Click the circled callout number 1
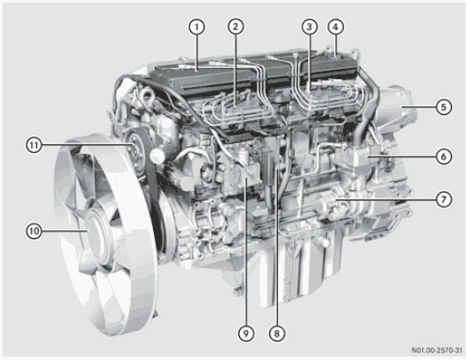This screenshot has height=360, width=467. [x=197, y=27]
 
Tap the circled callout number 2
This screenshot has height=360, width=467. [x=236, y=27]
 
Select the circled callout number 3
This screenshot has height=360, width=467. [x=310, y=27]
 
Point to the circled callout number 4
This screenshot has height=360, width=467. [x=335, y=27]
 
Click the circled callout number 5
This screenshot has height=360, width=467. [x=444, y=107]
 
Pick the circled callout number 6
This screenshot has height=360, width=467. [x=444, y=156]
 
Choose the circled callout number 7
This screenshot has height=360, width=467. [x=444, y=199]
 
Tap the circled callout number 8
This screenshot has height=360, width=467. [x=277, y=333]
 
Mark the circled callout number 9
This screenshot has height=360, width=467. [x=246, y=333]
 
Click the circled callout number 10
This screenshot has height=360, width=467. [x=34, y=230]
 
